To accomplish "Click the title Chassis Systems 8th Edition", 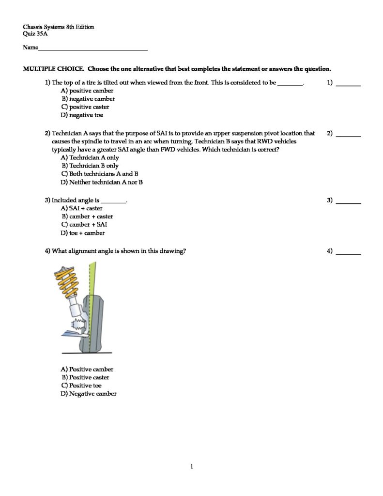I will (x=59, y=27).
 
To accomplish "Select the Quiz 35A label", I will (x=35, y=34).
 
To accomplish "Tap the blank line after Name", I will (x=92, y=48).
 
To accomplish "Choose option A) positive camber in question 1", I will (x=87, y=91).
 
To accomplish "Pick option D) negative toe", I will (x=82, y=115).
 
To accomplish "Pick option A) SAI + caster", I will (x=82, y=208).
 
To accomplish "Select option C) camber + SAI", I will (x=84, y=225).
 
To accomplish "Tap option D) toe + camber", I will (x=83, y=233).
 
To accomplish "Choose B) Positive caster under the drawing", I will (x=85, y=377).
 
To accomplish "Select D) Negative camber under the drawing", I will (x=89, y=394).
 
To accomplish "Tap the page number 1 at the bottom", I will (x=192, y=467).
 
